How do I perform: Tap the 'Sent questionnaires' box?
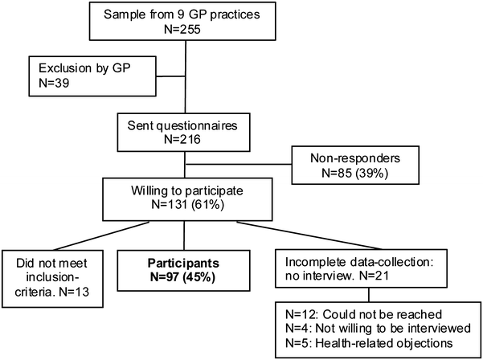pyautogui.click(x=186, y=133)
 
